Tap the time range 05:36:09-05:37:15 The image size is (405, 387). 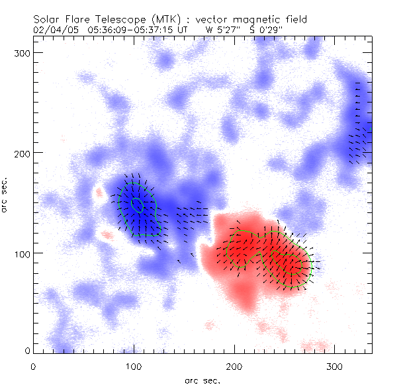click(x=121, y=30)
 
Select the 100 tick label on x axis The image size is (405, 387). click(x=134, y=366)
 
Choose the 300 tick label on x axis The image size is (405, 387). click(x=335, y=366)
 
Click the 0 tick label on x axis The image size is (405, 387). click(x=33, y=366)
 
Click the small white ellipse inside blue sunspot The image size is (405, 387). click(x=137, y=204)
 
